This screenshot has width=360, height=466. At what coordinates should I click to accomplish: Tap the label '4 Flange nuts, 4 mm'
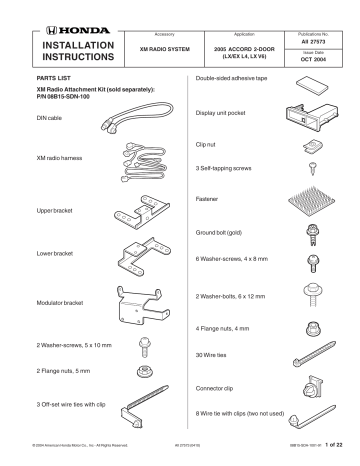220,327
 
